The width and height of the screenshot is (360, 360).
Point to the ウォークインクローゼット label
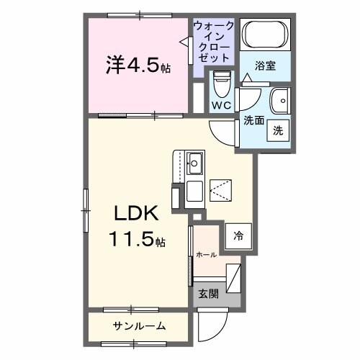212,40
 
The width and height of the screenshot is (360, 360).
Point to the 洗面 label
253,120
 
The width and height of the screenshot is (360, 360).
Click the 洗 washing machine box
277,130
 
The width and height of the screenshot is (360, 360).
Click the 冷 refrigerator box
237,234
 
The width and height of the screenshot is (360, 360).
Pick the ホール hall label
206,254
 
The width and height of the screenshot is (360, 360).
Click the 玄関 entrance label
209,293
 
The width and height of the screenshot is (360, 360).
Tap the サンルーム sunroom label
138,326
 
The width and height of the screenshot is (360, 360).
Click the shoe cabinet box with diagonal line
234,276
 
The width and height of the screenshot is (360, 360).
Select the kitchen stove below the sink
194,192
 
